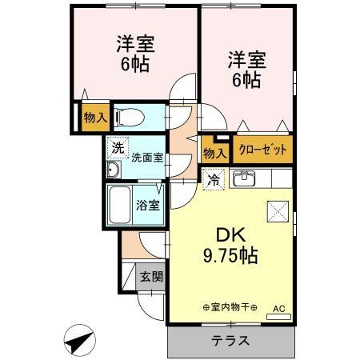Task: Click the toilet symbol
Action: (x=129, y=118)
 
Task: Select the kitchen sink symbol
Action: (x=245, y=178)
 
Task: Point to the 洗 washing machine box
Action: (x=118, y=148)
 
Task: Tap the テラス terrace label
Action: (x=230, y=340)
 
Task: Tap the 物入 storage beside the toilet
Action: (x=94, y=118)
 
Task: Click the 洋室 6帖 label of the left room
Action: (x=134, y=54)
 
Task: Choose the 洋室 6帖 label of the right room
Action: (x=245, y=70)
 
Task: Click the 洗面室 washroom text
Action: (x=147, y=158)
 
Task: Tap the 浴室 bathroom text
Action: (x=149, y=204)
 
